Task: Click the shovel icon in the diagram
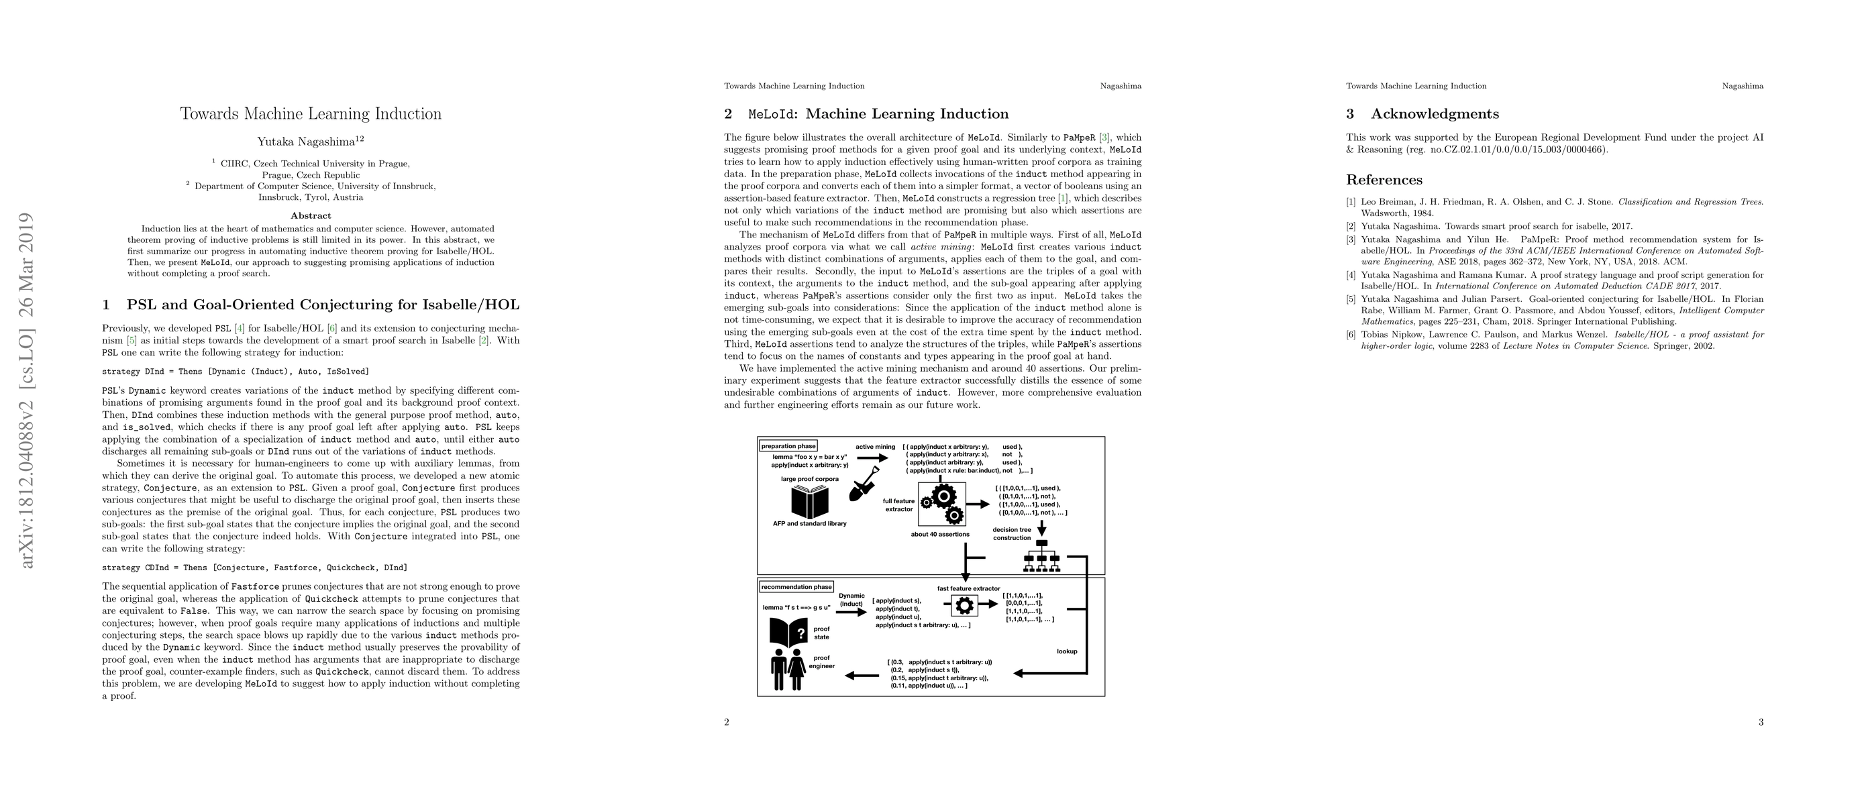point(864,492)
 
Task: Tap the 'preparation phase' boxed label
point(788,446)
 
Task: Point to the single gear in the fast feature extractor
point(964,605)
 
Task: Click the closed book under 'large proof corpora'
point(809,502)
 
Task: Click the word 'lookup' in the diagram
point(1066,651)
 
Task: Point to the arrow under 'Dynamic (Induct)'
point(852,612)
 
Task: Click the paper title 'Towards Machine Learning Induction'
point(311,113)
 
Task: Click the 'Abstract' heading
point(311,215)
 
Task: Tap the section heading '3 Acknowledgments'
point(1422,113)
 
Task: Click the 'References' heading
point(1384,180)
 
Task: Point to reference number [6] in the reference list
point(1351,335)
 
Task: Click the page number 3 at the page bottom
point(1761,722)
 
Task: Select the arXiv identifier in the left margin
point(27,391)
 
